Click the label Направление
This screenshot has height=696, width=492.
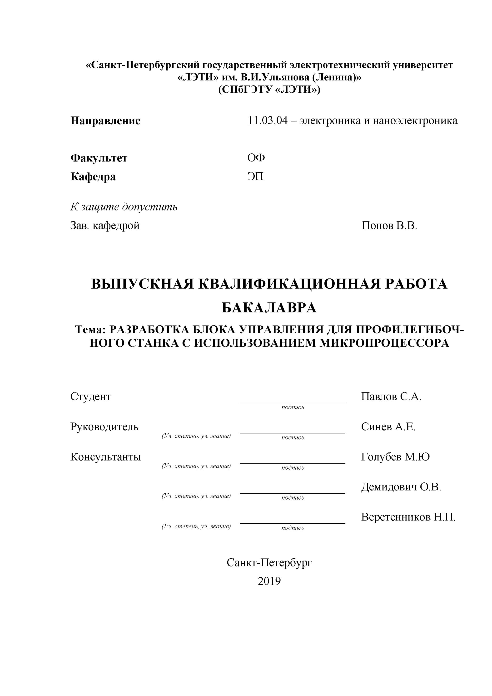point(105,121)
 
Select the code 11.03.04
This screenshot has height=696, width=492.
point(267,121)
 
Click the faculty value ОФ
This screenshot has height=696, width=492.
point(256,158)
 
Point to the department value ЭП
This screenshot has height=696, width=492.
point(255,176)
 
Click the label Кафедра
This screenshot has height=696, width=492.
point(93,176)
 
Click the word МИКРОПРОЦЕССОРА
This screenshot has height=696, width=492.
point(384,343)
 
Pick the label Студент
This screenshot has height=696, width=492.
point(91,396)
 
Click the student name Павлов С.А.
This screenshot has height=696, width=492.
point(391,396)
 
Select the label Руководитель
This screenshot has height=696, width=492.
point(104,426)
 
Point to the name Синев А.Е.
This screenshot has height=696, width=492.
point(388,426)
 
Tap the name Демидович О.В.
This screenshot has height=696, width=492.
point(401,487)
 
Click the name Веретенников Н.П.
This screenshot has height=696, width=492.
point(408,517)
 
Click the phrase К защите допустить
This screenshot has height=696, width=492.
point(124,207)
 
